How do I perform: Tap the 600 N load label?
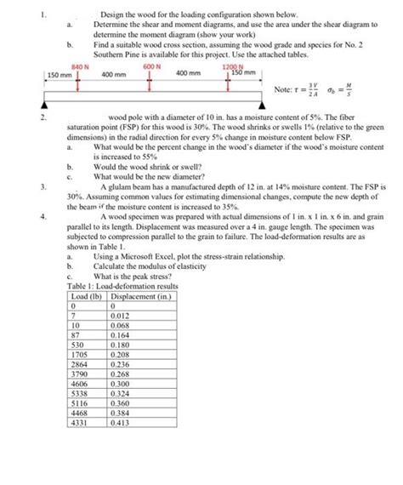pos(150,66)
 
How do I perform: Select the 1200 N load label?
pos(230,66)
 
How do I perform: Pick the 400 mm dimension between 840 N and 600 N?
pos(113,75)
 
